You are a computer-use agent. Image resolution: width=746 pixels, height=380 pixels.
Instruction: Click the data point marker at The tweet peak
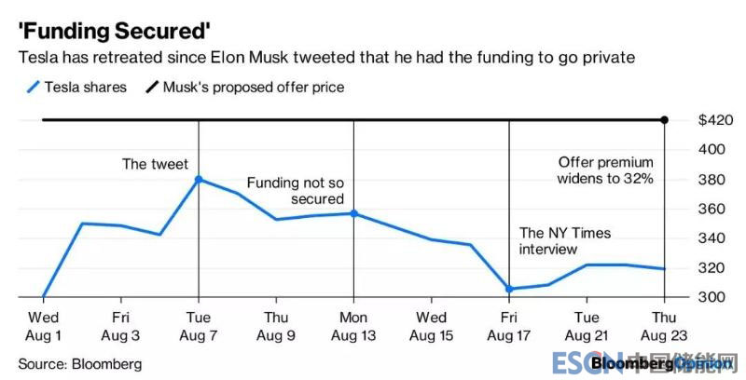tap(199, 179)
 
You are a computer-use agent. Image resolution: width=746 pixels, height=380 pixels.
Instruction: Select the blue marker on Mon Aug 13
tap(353, 213)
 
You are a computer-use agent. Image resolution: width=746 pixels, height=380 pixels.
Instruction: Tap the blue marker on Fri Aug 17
tap(509, 289)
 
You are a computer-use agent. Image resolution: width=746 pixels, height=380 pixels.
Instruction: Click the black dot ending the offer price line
tap(665, 119)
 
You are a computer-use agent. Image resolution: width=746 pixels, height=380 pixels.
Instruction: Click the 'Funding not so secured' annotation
tap(296, 191)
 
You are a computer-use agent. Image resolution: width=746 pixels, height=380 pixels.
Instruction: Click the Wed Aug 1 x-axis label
tap(44, 325)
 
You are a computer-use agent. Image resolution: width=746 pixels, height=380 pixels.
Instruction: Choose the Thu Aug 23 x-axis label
tap(664, 325)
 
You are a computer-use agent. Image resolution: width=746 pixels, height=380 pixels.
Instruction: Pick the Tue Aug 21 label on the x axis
tap(587, 325)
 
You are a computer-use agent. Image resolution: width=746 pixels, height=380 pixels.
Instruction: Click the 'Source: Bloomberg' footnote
tap(80, 364)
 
